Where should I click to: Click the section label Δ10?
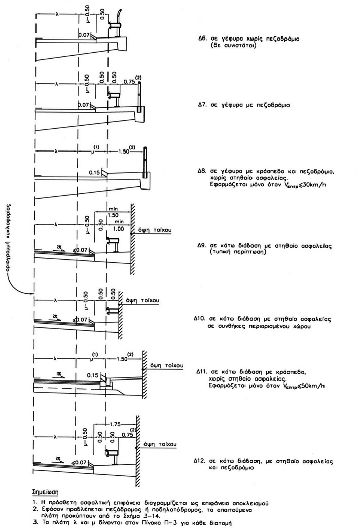click(x=199, y=320)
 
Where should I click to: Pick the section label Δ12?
click(x=199, y=461)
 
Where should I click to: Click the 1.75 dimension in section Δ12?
click(x=117, y=423)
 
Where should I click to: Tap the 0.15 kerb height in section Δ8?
click(x=93, y=172)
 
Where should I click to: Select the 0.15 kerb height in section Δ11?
click(x=92, y=375)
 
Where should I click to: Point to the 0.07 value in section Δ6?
click(x=84, y=35)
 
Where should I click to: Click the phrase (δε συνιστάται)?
click(x=234, y=45)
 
